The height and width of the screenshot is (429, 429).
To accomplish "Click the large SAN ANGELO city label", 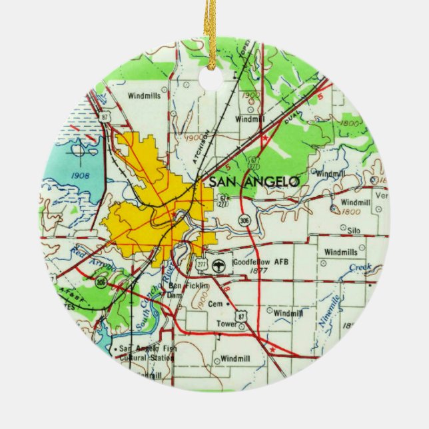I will click(254, 181).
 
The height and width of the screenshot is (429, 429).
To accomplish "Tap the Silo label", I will click(353, 228).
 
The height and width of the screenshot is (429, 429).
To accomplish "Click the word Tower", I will click(227, 324).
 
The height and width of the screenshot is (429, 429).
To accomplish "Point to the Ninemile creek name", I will click(329, 313).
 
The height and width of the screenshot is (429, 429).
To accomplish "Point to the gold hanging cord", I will click(212, 33).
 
